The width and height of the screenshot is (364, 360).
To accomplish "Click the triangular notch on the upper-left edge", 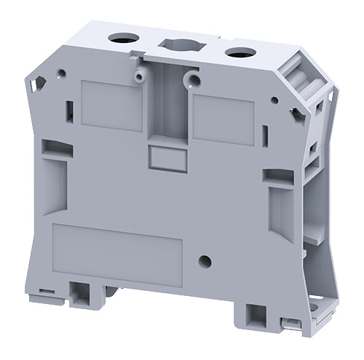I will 35,85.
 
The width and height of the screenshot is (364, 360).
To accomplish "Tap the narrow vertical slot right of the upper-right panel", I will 265,134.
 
